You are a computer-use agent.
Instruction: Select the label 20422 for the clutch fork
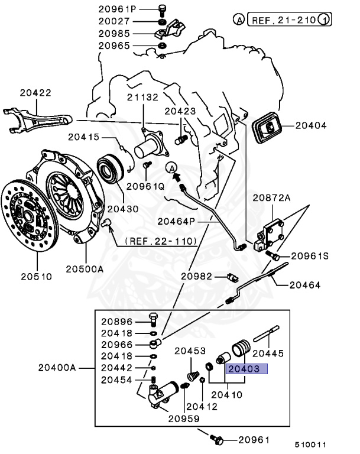36,92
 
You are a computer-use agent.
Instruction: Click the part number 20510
37,276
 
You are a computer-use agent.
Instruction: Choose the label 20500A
85,269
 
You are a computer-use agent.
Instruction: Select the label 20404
312,125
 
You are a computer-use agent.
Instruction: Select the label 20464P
176,221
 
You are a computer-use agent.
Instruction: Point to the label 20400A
57,368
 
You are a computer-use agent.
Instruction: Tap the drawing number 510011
312,445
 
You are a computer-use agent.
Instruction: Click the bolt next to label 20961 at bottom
217,440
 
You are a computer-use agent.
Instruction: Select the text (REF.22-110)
161,242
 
